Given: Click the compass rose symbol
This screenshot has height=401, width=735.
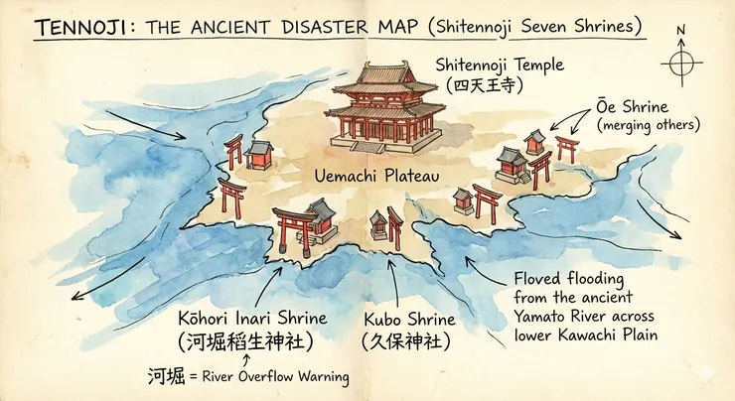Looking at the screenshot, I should click(x=681, y=63).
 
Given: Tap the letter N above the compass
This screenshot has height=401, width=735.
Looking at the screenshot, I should click(x=681, y=31).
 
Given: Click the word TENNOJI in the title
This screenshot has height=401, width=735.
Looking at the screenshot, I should click(x=70, y=26).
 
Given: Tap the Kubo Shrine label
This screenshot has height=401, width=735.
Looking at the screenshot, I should click(x=409, y=320).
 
